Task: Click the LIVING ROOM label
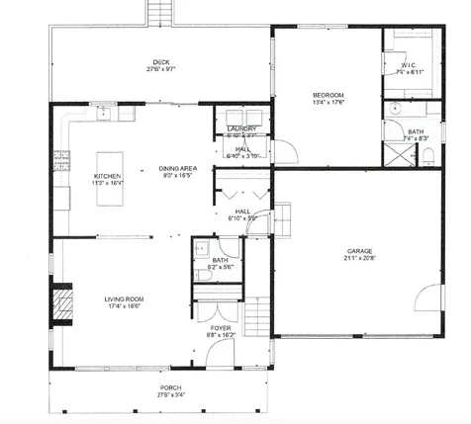(126, 298)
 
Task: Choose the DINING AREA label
(179, 169)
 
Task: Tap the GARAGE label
(358, 251)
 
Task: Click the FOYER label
(221, 327)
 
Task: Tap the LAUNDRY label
(241, 128)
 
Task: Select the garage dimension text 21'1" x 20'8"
(358, 259)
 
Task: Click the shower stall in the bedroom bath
(393, 153)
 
